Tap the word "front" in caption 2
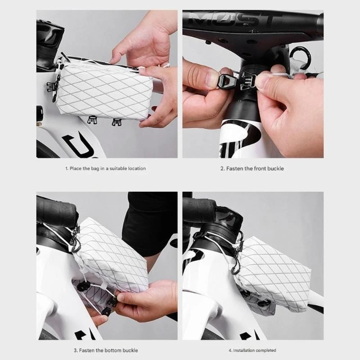click(260, 168)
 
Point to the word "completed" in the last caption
click(267, 350)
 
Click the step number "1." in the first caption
click(67, 168)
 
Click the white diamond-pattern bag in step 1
click(101, 90)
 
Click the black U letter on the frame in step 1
click(72, 144)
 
